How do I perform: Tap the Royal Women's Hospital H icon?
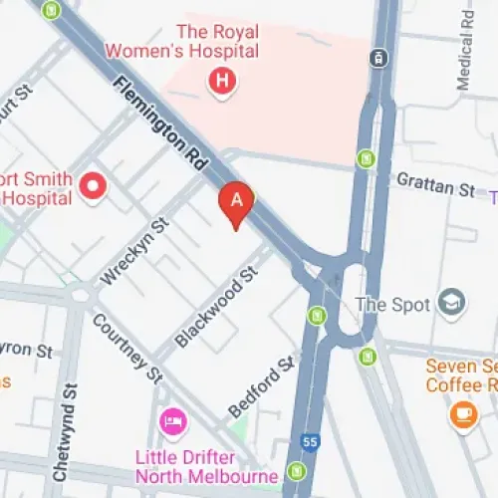[222, 81]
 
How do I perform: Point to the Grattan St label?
[436, 185]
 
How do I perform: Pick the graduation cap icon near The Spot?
[452, 301]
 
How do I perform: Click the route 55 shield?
[311, 440]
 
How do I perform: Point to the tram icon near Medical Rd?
[378, 58]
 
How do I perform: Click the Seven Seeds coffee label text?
[461, 374]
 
